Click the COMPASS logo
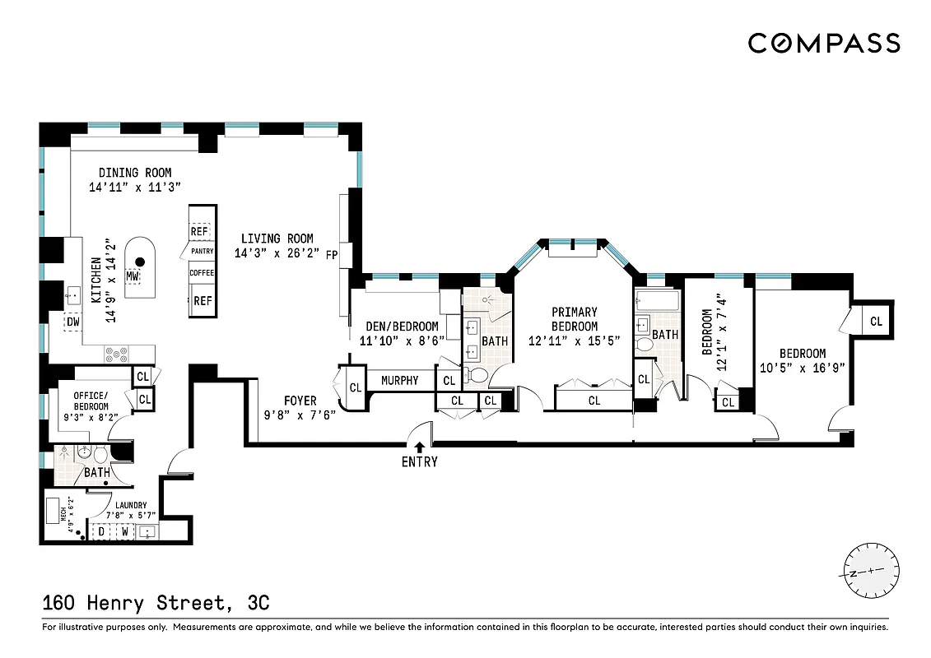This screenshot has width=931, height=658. click(x=823, y=43)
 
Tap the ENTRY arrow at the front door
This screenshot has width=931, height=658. click(x=420, y=447)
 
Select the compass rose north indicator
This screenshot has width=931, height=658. click(x=872, y=571)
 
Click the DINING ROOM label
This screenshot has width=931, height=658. click(x=135, y=173)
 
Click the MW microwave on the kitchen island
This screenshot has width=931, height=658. click(x=133, y=277)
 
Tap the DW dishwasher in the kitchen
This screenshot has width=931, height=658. click(x=73, y=322)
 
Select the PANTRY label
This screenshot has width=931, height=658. click(x=202, y=251)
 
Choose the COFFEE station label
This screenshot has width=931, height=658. click(x=202, y=272)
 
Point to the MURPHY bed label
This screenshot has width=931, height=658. click(x=399, y=380)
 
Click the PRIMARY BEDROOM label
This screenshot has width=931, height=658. click(x=575, y=319)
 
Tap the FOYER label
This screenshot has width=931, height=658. click(x=300, y=401)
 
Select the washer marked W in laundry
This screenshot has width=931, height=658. click(x=124, y=531)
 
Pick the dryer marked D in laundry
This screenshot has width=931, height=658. click(x=102, y=531)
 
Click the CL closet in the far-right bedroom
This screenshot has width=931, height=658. click(x=876, y=322)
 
